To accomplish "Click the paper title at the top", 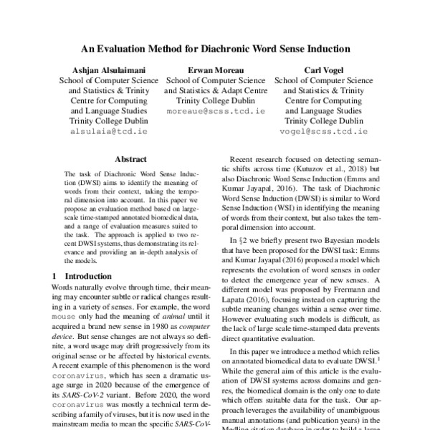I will point(215,49).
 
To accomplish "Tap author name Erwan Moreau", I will point(215,70).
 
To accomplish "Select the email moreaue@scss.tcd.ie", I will point(215,112).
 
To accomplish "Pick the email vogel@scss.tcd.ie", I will point(322,133).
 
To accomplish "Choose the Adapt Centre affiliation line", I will point(215,91).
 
